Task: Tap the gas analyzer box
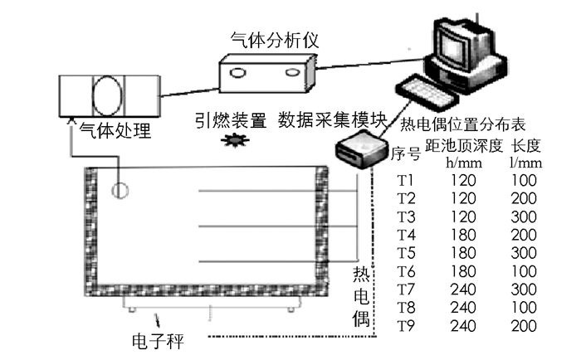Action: tap(266, 74)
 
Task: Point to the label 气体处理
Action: tap(115, 130)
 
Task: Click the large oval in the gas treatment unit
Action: tap(107, 96)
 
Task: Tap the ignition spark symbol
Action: tap(231, 141)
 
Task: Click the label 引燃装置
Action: tap(232, 120)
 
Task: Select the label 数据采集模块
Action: tap(333, 120)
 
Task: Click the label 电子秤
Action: tap(159, 341)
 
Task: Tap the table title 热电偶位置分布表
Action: tap(463, 126)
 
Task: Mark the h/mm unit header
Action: tap(462, 162)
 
